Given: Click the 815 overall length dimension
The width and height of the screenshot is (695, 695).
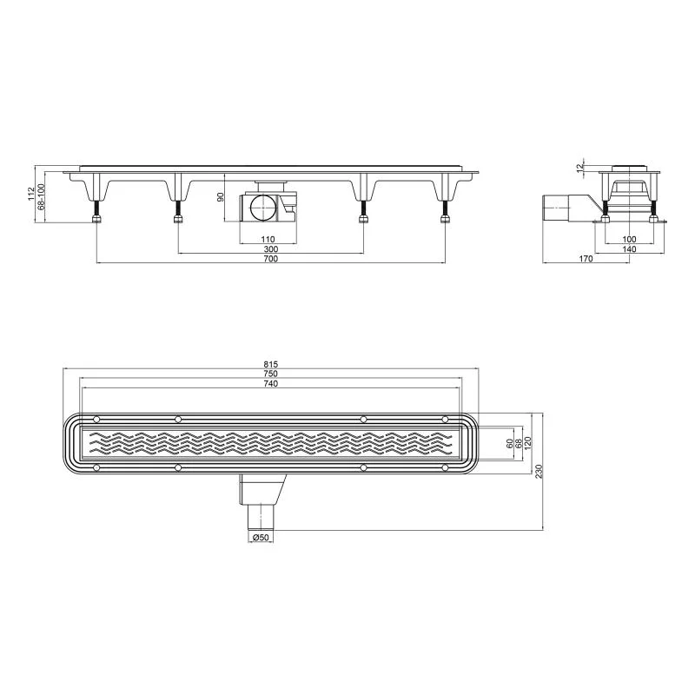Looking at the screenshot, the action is tap(271, 365).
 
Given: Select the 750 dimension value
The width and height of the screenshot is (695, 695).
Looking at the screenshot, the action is tap(271, 374).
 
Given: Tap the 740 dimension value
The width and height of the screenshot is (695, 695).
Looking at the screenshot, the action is tap(271, 384).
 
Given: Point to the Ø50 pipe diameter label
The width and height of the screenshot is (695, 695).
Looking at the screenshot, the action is tap(261, 538).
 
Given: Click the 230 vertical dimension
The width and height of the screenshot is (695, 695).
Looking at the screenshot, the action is tap(539, 471).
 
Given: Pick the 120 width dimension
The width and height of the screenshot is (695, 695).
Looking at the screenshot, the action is tap(528, 443).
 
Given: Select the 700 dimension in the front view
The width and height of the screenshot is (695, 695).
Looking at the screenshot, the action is tap(271, 259).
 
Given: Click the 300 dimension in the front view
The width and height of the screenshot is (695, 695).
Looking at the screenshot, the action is tap(271, 249).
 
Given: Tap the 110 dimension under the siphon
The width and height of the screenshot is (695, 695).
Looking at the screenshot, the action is tap(268, 240).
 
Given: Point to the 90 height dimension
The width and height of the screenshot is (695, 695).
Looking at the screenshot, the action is tap(221, 197).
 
